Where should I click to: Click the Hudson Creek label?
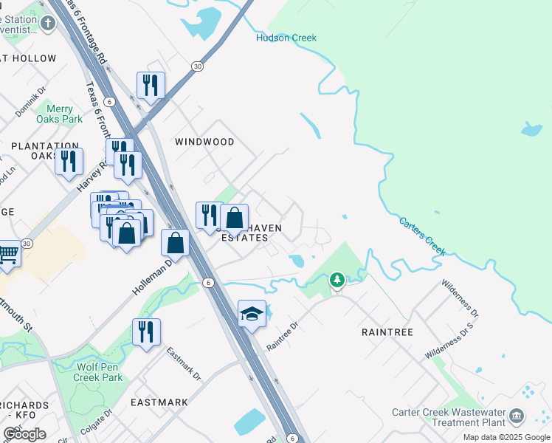point(286,38)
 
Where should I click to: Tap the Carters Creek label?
point(423,236)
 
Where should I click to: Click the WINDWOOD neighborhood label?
point(204,142)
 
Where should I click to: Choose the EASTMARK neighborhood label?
point(159,402)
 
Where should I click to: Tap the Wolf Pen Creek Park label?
point(97,372)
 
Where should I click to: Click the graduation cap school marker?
point(252,314)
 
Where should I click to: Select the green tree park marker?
point(337,280)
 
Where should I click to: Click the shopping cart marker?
point(8,253)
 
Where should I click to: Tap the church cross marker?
point(48,24)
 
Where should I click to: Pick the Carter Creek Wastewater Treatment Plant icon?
point(517,416)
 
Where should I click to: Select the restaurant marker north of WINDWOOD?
point(151,85)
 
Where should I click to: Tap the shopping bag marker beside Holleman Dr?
point(175,241)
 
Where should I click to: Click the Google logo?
point(24,434)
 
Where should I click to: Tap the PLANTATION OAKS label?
point(45,151)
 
